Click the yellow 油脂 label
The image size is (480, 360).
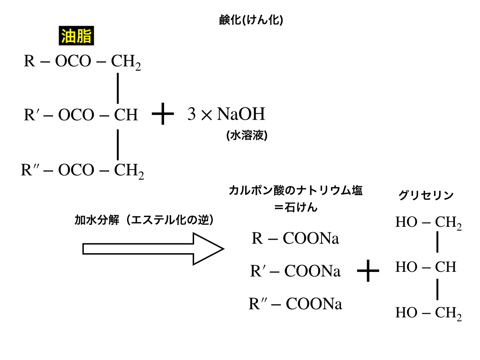(76, 36)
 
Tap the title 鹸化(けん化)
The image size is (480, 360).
(251, 20)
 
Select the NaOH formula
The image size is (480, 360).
(241, 114)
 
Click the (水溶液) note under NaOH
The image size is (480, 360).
(247, 135)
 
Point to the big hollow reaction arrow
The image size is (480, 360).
(153, 249)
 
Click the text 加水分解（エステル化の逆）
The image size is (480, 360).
(144, 220)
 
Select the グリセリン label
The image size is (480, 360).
(426, 195)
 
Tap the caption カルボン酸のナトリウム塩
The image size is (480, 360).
(295, 190)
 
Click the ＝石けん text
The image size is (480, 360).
(296, 207)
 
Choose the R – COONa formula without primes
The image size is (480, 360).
(295, 238)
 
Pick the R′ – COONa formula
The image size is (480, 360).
(295, 271)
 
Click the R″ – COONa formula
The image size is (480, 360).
(295, 304)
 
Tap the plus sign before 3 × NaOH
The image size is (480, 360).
(163, 114)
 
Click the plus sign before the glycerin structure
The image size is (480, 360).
(368, 270)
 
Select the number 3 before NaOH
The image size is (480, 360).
(191, 114)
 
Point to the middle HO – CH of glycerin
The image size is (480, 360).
(426, 267)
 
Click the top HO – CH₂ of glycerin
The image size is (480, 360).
(428, 223)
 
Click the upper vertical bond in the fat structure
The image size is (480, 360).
(118, 88)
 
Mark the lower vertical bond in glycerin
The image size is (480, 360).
(437, 289)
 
